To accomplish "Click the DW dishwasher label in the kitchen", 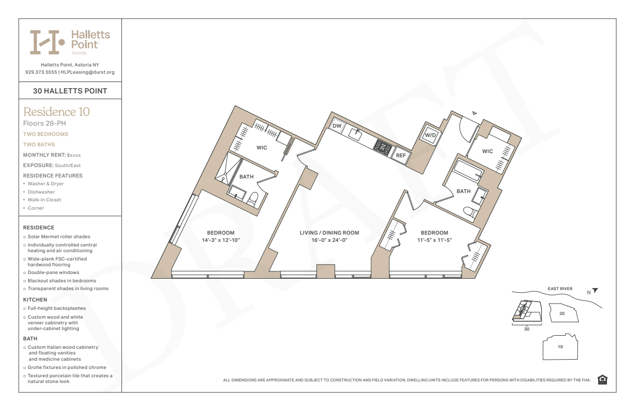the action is point(337,126).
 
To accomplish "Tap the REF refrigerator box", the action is point(401,155).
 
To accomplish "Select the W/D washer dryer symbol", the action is point(430,135).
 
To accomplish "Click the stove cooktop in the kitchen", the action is point(383,147).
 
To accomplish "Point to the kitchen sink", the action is point(355,134).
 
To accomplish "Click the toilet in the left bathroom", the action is point(252,199).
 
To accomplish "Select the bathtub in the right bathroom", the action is point(467,170).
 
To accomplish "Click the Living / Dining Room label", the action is point(329,232).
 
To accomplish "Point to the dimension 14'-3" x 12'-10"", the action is point(221,240).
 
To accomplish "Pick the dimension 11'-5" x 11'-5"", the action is point(434,240).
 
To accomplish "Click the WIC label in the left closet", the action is point(261,147).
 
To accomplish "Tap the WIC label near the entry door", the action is point(487,151).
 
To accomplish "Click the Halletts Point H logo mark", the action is point(47,42).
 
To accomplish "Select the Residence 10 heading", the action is point(57,112).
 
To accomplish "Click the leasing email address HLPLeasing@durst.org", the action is point(88,72).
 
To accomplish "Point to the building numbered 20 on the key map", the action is point(563,312).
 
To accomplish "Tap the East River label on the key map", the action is point(560,289).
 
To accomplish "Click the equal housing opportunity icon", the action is point(602,379).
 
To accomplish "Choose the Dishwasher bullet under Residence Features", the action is point(41,191).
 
